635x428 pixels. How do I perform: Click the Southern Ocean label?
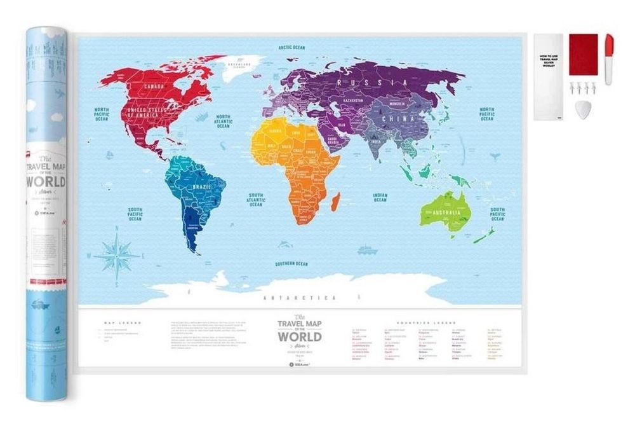coord(291,263)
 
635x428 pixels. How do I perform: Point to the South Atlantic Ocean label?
coord(256,200)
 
